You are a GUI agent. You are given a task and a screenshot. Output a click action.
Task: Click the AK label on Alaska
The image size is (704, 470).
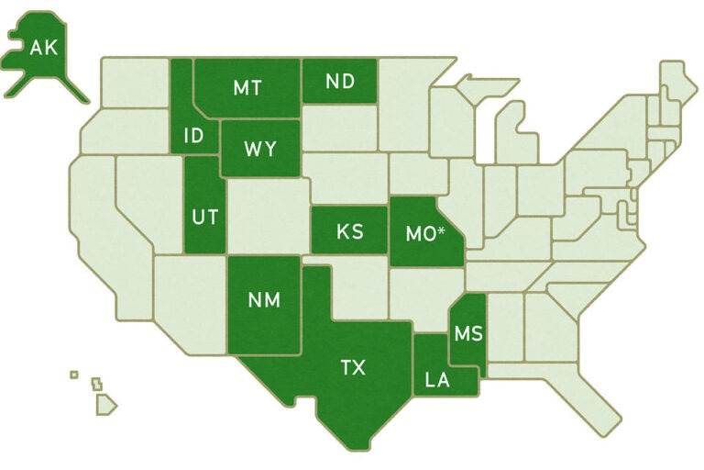point(43,47)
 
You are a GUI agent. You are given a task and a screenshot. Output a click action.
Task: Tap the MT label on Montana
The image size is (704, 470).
point(247,87)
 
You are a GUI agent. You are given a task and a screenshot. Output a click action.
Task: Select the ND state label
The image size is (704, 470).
point(340,81)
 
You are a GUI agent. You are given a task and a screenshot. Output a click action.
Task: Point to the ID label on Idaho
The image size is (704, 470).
point(193,137)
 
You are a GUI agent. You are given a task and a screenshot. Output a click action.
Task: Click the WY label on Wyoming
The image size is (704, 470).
point(260,149)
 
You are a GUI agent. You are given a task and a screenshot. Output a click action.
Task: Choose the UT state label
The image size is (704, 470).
point(203,218)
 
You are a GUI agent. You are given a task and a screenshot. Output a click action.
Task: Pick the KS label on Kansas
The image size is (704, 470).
point(349,231)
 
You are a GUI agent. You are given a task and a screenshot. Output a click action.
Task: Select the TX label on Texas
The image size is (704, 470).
point(353,368)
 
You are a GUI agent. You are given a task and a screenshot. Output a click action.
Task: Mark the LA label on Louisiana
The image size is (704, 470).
point(437,379)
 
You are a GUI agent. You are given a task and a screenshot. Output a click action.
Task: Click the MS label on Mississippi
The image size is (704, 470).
point(467,331)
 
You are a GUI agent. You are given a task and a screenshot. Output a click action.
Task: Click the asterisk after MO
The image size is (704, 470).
point(442,229)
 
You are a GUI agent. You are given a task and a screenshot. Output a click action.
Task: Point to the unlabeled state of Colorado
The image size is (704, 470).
point(269,216)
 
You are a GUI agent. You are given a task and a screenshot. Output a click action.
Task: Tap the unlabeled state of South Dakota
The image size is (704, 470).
point(339,129)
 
